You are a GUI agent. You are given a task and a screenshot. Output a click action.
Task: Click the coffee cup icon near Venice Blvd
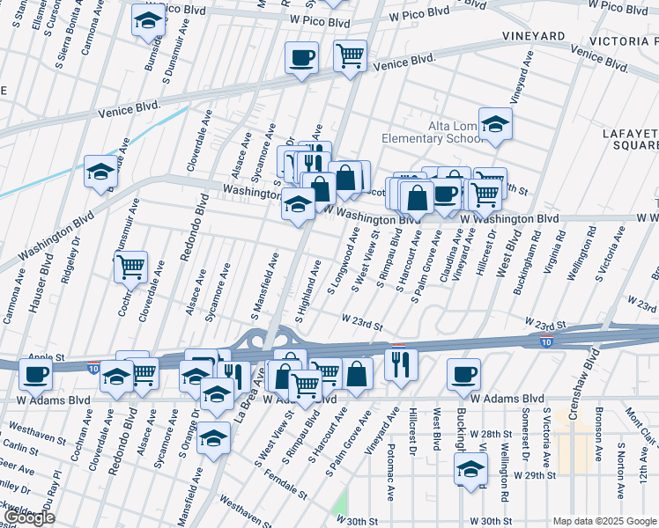pos(301,59)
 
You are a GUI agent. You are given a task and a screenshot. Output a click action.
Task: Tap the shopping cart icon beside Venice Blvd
pos(351,55)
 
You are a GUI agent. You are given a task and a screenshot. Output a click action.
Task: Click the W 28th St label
pos(491,435)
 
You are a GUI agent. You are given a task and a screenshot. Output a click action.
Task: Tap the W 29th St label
pos(536,475)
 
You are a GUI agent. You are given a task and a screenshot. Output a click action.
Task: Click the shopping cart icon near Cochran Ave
pos(130,267)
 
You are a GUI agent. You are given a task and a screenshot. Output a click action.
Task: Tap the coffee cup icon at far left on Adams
pos(35,374)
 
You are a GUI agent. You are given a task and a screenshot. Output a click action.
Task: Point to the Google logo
pos(30,517)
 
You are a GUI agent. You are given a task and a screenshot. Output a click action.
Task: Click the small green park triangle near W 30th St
pos(340,504)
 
